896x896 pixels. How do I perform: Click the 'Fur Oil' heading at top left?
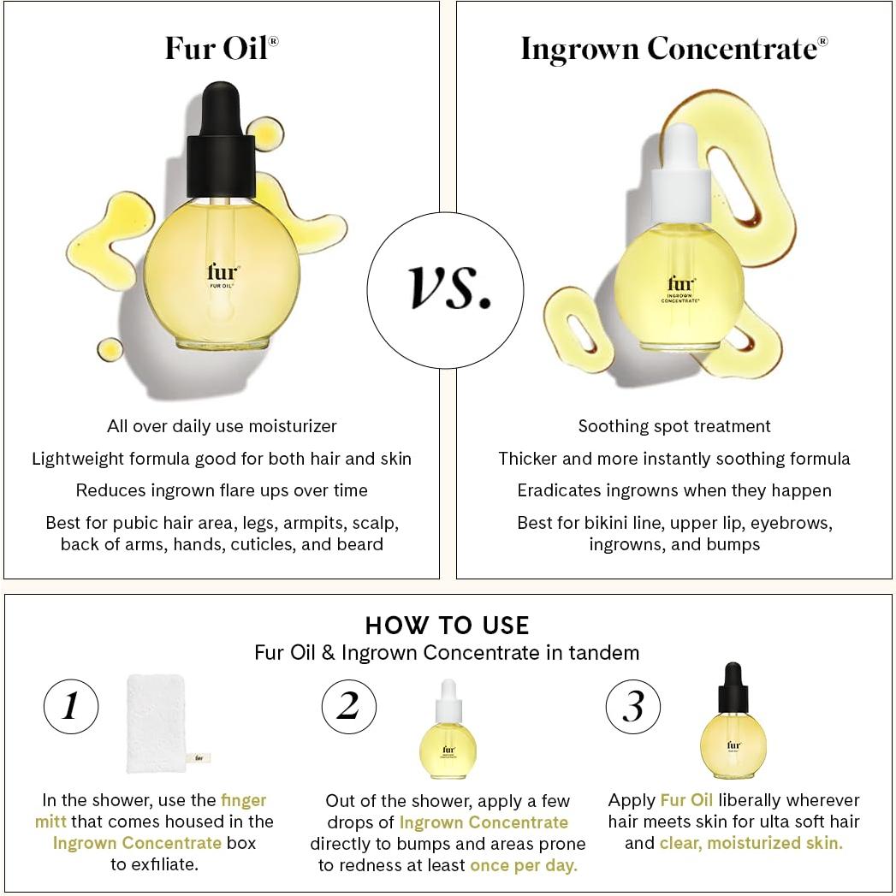(x=221, y=48)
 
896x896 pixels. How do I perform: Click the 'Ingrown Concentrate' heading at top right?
(x=673, y=48)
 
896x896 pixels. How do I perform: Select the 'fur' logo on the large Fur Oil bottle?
(x=222, y=273)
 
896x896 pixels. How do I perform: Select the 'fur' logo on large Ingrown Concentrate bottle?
(x=681, y=284)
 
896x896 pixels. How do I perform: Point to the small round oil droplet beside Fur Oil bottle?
(x=110, y=348)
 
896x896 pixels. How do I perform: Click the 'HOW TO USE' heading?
(x=447, y=625)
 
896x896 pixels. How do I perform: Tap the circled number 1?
(x=71, y=707)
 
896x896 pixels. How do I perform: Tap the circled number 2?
(x=348, y=707)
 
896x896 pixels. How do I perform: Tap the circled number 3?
(x=632, y=707)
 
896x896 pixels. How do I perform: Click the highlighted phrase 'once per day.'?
(x=524, y=865)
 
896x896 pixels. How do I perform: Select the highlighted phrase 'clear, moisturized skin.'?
(x=751, y=843)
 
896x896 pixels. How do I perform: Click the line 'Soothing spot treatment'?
(x=674, y=426)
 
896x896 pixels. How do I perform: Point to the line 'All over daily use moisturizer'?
(x=222, y=426)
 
